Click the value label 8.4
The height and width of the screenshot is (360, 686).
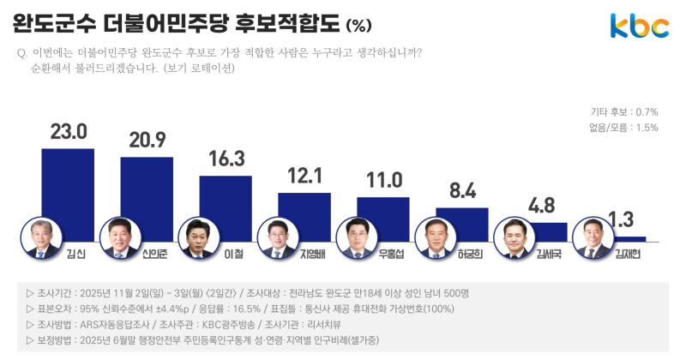coord(462,191)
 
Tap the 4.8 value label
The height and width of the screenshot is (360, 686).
coord(541,207)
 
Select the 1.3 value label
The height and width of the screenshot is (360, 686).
coord(619,220)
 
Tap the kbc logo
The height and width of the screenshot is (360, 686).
coord(639,26)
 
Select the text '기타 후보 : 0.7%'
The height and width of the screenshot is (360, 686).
coord(623,112)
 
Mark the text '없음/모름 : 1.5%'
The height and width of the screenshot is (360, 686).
coord(623,128)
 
